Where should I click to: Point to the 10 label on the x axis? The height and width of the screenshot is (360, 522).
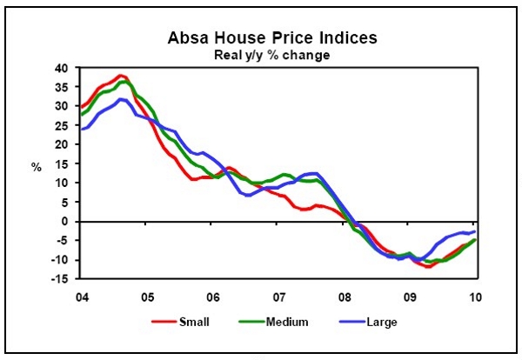(x=475, y=295)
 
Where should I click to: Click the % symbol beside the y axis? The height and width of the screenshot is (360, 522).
(x=37, y=167)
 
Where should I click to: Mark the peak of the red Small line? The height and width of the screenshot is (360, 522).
(x=121, y=77)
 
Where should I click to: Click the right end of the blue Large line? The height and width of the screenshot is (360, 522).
(x=474, y=231)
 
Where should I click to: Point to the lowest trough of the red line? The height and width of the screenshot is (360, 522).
(x=429, y=266)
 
